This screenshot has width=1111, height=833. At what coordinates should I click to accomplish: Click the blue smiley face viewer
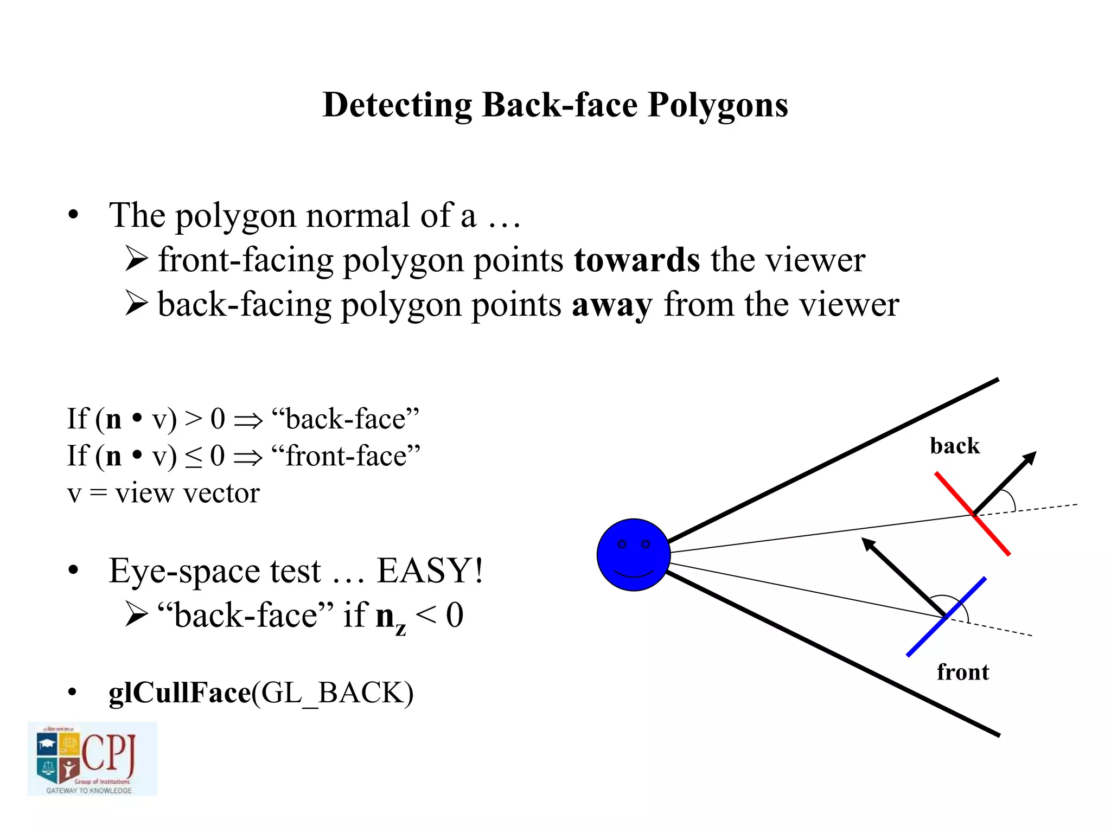633,554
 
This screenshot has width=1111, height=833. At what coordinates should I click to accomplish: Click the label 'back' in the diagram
954,446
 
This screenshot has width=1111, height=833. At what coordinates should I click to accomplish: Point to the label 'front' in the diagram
962,672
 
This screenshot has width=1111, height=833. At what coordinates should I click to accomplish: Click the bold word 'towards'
636,260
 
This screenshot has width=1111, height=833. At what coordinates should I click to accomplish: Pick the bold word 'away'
612,305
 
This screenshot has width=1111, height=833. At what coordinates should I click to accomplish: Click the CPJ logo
92,759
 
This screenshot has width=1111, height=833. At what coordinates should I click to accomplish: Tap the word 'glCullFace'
180,693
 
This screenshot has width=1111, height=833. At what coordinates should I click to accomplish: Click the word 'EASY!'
430,571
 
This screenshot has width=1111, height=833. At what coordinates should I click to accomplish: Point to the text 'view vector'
187,493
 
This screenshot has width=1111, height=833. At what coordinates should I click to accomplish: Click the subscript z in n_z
400,629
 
